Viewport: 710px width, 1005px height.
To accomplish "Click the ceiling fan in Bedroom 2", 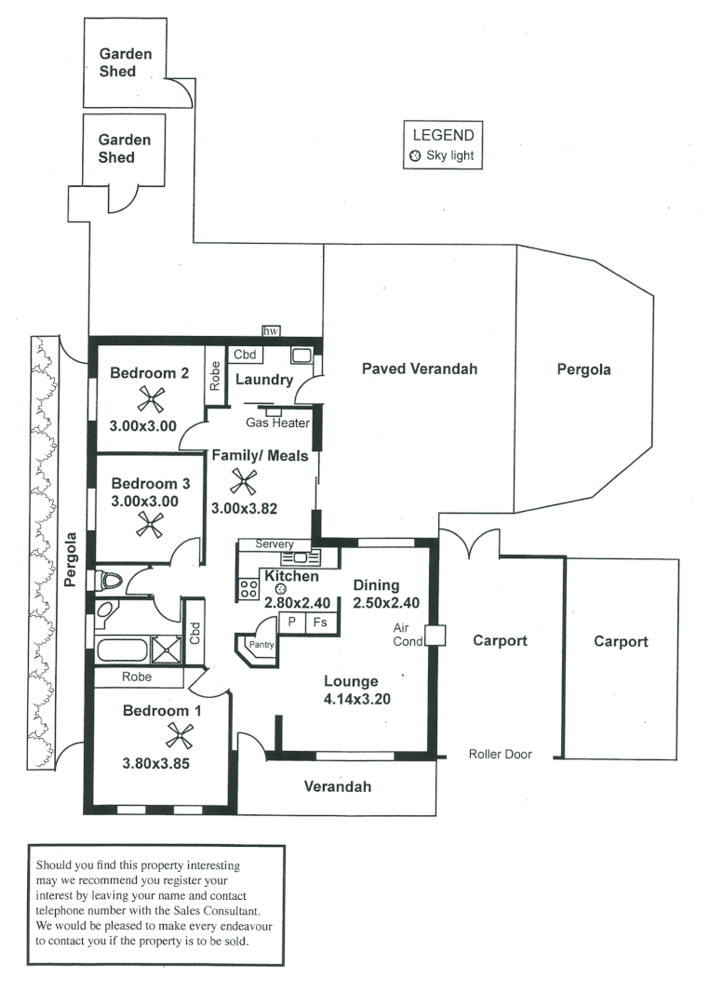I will (x=151, y=400).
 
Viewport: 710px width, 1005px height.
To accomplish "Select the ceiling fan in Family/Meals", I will (x=244, y=481).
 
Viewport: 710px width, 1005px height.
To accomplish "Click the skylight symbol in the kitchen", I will (x=279, y=590).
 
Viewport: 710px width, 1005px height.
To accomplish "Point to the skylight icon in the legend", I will (x=415, y=156).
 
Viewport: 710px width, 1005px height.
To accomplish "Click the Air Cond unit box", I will (x=435, y=636).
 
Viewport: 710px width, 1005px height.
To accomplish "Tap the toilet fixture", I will (x=110, y=582).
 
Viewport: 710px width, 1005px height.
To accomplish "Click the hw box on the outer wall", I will (x=271, y=331).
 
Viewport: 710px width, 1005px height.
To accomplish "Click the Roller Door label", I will (x=501, y=755).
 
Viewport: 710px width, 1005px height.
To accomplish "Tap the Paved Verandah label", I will (x=419, y=369).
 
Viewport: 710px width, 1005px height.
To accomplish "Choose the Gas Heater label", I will (x=277, y=422).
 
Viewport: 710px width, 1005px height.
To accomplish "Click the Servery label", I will (x=275, y=544).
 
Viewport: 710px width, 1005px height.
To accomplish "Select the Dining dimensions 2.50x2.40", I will (x=386, y=602).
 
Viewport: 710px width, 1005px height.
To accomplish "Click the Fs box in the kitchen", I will (x=319, y=622).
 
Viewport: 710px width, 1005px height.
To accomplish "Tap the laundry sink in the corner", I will (x=301, y=355).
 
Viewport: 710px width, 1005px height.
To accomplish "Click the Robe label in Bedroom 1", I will (x=137, y=677).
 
